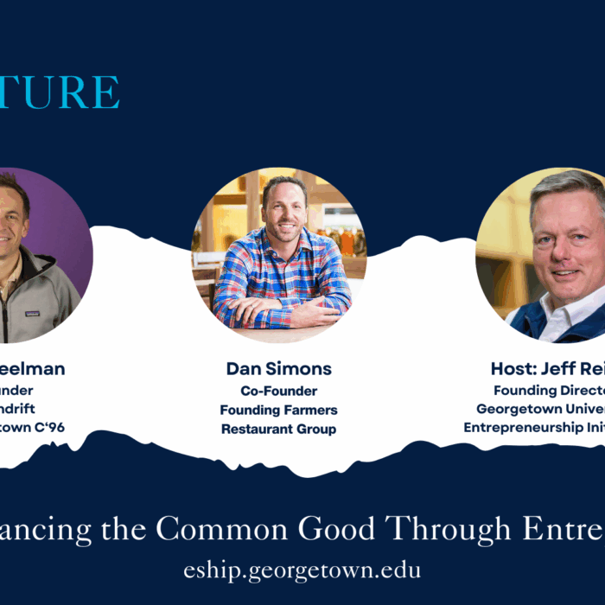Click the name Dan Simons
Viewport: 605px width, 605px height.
(x=278, y=369)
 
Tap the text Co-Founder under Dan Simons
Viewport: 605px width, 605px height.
(x=278, y=392)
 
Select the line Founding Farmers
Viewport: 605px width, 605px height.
(x=278, y=410)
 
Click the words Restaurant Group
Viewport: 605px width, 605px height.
(x=278, y=429)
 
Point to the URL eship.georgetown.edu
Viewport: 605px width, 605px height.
(x=302, y=571)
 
